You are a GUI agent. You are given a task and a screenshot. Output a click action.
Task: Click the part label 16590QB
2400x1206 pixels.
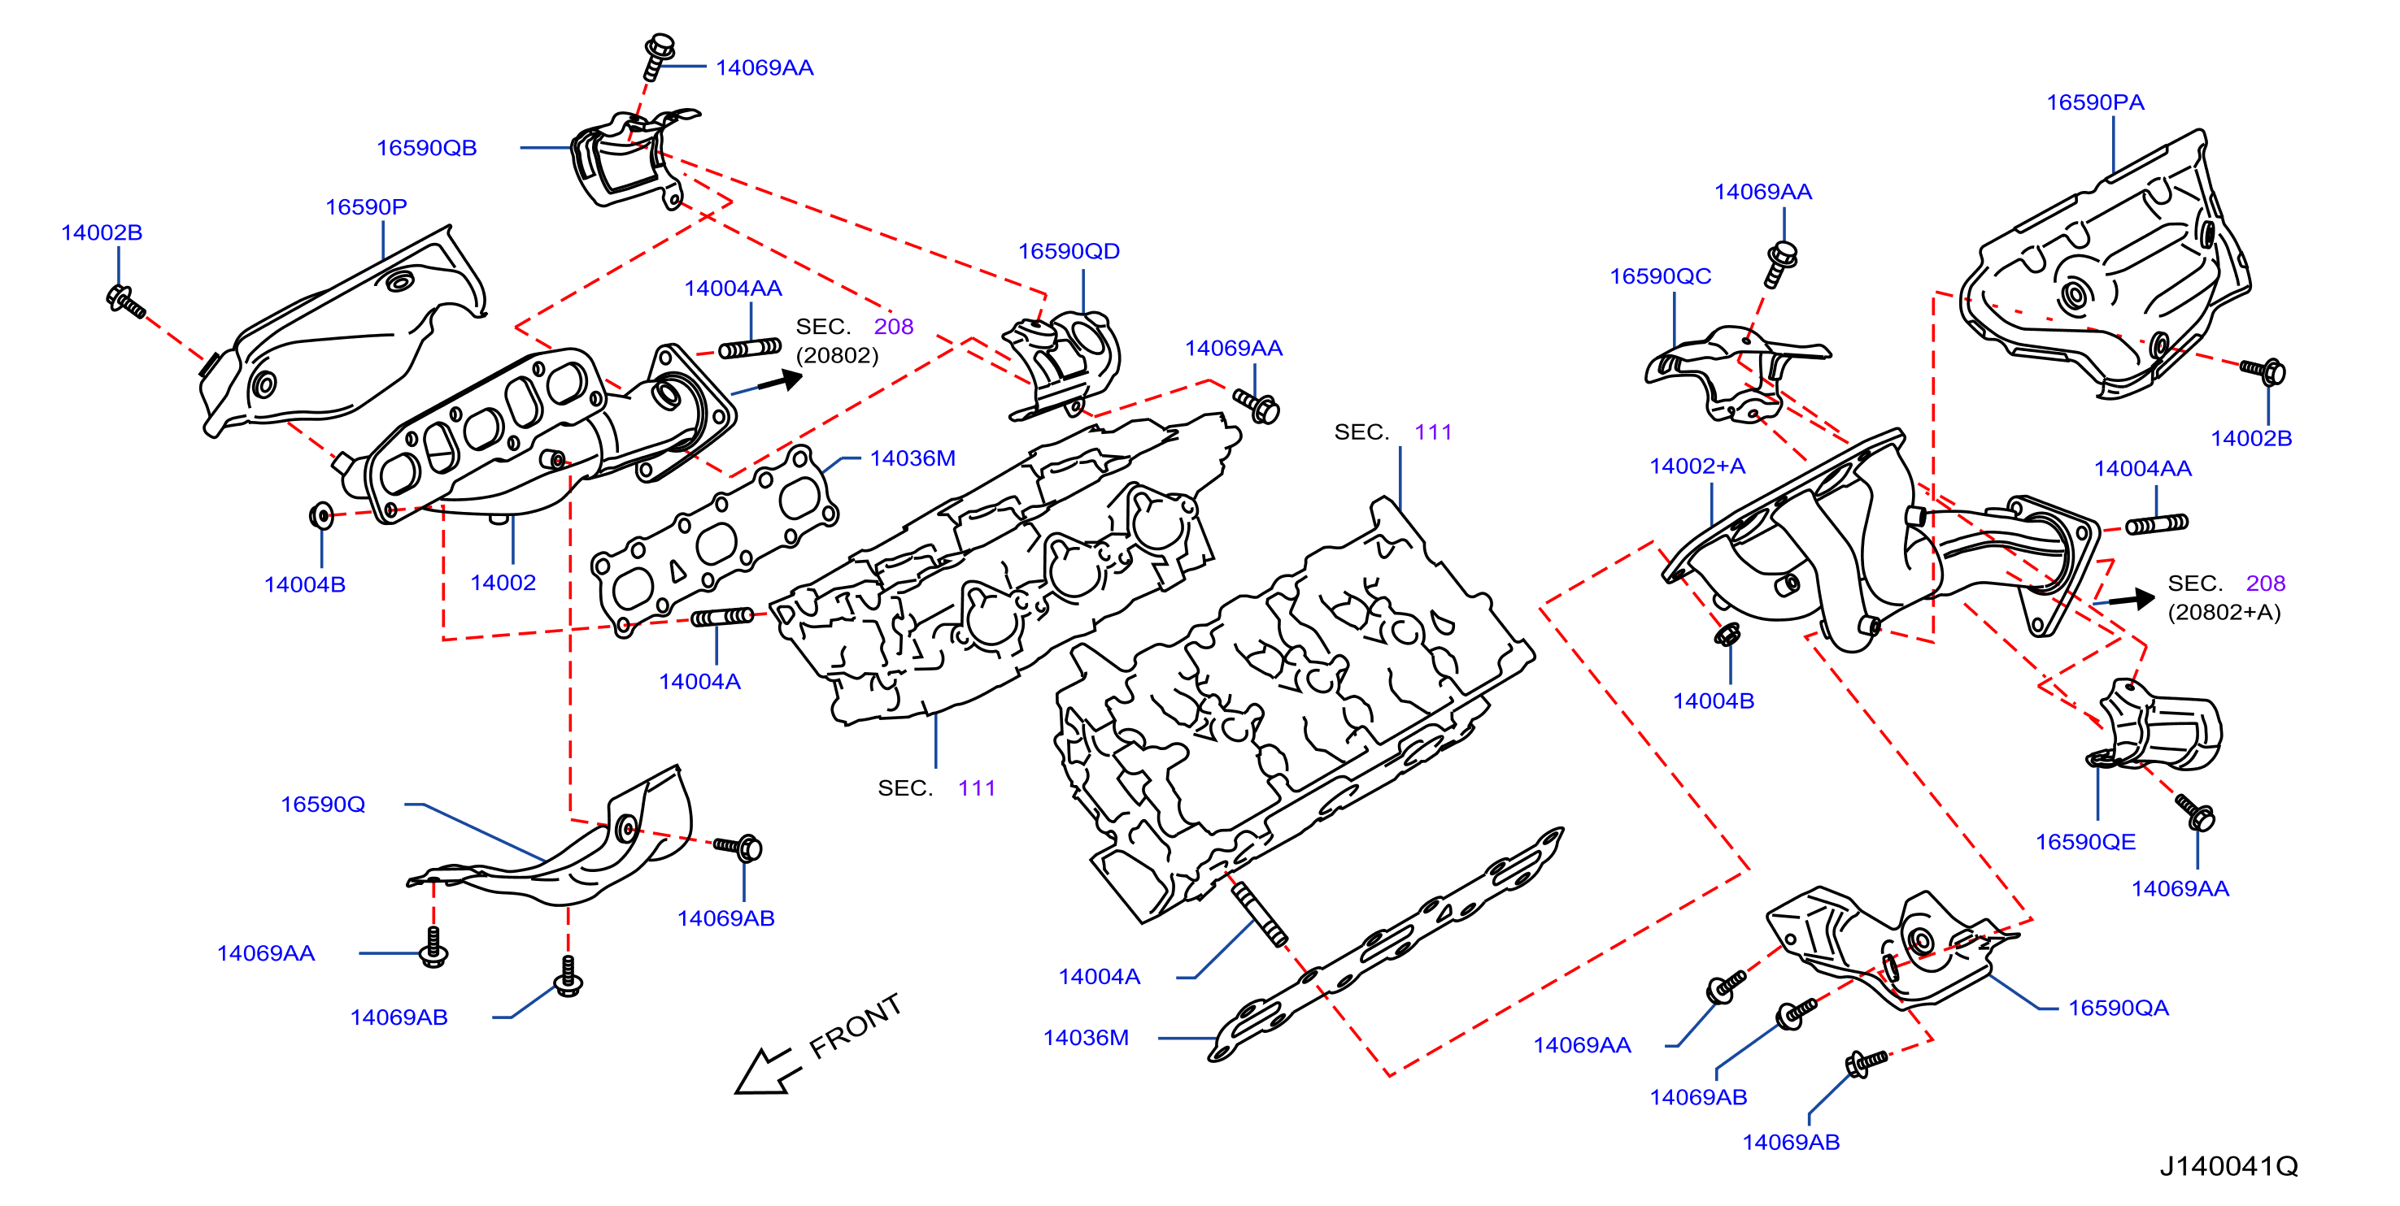pos(427,148)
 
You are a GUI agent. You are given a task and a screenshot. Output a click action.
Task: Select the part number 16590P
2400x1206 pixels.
pos(366,206)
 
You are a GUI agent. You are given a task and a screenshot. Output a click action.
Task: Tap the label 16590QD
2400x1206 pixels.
pos(1069,251)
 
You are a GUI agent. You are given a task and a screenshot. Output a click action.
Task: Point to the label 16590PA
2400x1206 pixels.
pos(2095,102)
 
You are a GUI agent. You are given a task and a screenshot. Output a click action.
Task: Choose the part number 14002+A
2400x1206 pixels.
pos(1697,466)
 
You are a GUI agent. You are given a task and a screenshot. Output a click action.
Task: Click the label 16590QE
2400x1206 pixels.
pos(2086,842)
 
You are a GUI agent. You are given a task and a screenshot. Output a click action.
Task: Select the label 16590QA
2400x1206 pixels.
pos(2119,1008)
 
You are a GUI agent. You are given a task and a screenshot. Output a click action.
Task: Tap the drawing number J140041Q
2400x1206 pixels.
pos(2229,1166)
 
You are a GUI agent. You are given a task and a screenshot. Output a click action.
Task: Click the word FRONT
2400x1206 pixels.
pos(856,1026)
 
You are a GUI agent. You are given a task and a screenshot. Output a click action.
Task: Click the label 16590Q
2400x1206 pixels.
pos(324,805)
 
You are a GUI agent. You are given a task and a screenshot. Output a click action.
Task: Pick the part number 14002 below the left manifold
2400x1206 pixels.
pos(503,583)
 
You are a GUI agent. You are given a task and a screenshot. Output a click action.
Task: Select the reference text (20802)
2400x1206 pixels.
pos(838,356)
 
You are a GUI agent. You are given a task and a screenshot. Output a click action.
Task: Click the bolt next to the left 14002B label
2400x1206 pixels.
pos(126,301)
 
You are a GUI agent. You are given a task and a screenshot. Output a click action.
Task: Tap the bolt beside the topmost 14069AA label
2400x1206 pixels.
pos(658,57)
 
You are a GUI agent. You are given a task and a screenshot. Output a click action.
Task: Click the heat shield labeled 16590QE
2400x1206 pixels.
pos(2155,727)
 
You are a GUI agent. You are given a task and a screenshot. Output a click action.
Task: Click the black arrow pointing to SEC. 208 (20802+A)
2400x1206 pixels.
pos(2132,599)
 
